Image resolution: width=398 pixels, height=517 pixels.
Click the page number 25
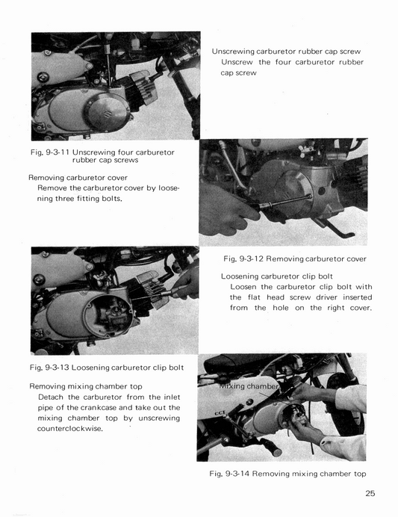(x=371, y=492)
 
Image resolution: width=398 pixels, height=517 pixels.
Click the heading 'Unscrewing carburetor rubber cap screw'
(x=286, y=52)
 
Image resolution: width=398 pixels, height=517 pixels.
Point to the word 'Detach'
(x=53, y=397)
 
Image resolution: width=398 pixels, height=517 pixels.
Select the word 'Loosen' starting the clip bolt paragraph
(x=246, y=287)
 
